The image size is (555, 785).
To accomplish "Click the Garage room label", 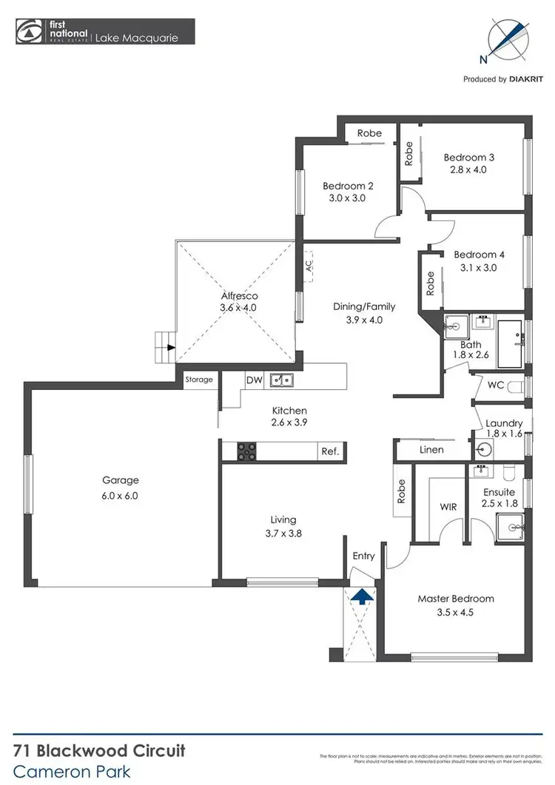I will click(x=121, y=480).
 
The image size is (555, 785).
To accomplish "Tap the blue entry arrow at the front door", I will click(x=361, y=596).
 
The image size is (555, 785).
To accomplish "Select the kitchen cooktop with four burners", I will click(x=246, y=451).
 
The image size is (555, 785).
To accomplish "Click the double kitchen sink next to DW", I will click(x=281, y=380).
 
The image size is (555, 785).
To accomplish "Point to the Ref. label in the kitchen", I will click(x=329, y=451).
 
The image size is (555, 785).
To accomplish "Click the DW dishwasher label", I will click(x=254, y=380).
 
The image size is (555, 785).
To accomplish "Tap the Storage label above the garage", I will click(x=199, y=380).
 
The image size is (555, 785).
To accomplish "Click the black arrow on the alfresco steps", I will click(x=171, y=347).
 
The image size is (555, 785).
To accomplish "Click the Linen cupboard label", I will click(x=431, y=449).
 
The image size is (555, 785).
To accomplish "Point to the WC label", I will click(x=495, y=385).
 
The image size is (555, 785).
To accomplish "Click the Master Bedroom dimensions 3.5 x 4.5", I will click(x=455, y=612).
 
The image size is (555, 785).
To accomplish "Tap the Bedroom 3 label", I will click(x=469, y=157).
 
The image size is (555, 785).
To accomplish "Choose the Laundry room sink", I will click(x=484, y=449).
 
